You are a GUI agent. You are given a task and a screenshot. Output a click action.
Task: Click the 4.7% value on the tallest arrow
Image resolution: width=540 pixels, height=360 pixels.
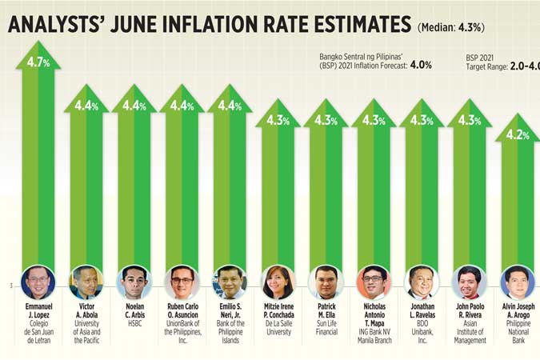pyautogui.click(x=38, y=62)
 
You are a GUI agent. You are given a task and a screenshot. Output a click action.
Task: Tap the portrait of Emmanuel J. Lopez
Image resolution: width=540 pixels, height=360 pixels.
pyautogui.click(x=38, y=282)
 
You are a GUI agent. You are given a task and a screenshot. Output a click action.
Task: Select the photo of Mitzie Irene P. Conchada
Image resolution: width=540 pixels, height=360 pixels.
pyautogui.click(x=278, y=282)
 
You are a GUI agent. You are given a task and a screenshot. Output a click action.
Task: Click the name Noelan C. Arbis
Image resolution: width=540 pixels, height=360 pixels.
pyautogui.click(x=134, y=310)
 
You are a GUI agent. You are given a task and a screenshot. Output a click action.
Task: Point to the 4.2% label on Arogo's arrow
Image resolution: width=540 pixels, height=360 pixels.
pyautogui.click(x=518, y=134)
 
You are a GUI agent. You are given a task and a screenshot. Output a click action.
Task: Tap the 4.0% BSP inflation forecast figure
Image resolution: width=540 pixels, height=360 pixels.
pyautogui.click(x=421, y=65)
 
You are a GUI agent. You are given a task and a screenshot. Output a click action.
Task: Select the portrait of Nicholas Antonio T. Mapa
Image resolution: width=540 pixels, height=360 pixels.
pyautogui.click(x=374, y=282)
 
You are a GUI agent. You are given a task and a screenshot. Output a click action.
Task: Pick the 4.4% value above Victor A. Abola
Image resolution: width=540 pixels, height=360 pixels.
pyautogui.click(x=86, y=106)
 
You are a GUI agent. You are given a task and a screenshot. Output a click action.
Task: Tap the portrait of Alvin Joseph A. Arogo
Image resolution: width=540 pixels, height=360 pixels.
pyautogui.click(x=518, y=282)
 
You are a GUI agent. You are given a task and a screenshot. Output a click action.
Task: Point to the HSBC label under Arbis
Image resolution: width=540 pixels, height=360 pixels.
pyautogui.click(x=134, y=322)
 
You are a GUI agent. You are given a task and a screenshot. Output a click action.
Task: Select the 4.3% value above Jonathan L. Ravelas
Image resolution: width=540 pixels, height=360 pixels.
pyautogui.click(x=422, y=120)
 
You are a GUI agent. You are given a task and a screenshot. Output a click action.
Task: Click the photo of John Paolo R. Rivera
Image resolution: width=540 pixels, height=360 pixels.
pyautogui.click(x=470, y=282)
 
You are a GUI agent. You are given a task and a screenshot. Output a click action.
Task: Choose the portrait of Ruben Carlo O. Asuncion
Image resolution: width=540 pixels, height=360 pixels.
pyautogui.click(x=182, y=282)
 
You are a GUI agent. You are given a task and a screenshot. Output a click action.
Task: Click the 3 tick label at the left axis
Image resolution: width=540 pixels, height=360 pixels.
pyautogui.click(x=10, y=286)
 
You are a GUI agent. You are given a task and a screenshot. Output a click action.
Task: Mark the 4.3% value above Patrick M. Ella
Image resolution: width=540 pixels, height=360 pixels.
pyautogui.click(x=326, y=120)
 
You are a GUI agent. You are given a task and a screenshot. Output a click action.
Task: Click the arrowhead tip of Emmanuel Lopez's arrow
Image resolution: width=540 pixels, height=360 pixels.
pyautogui.click(x=38, y=45)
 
